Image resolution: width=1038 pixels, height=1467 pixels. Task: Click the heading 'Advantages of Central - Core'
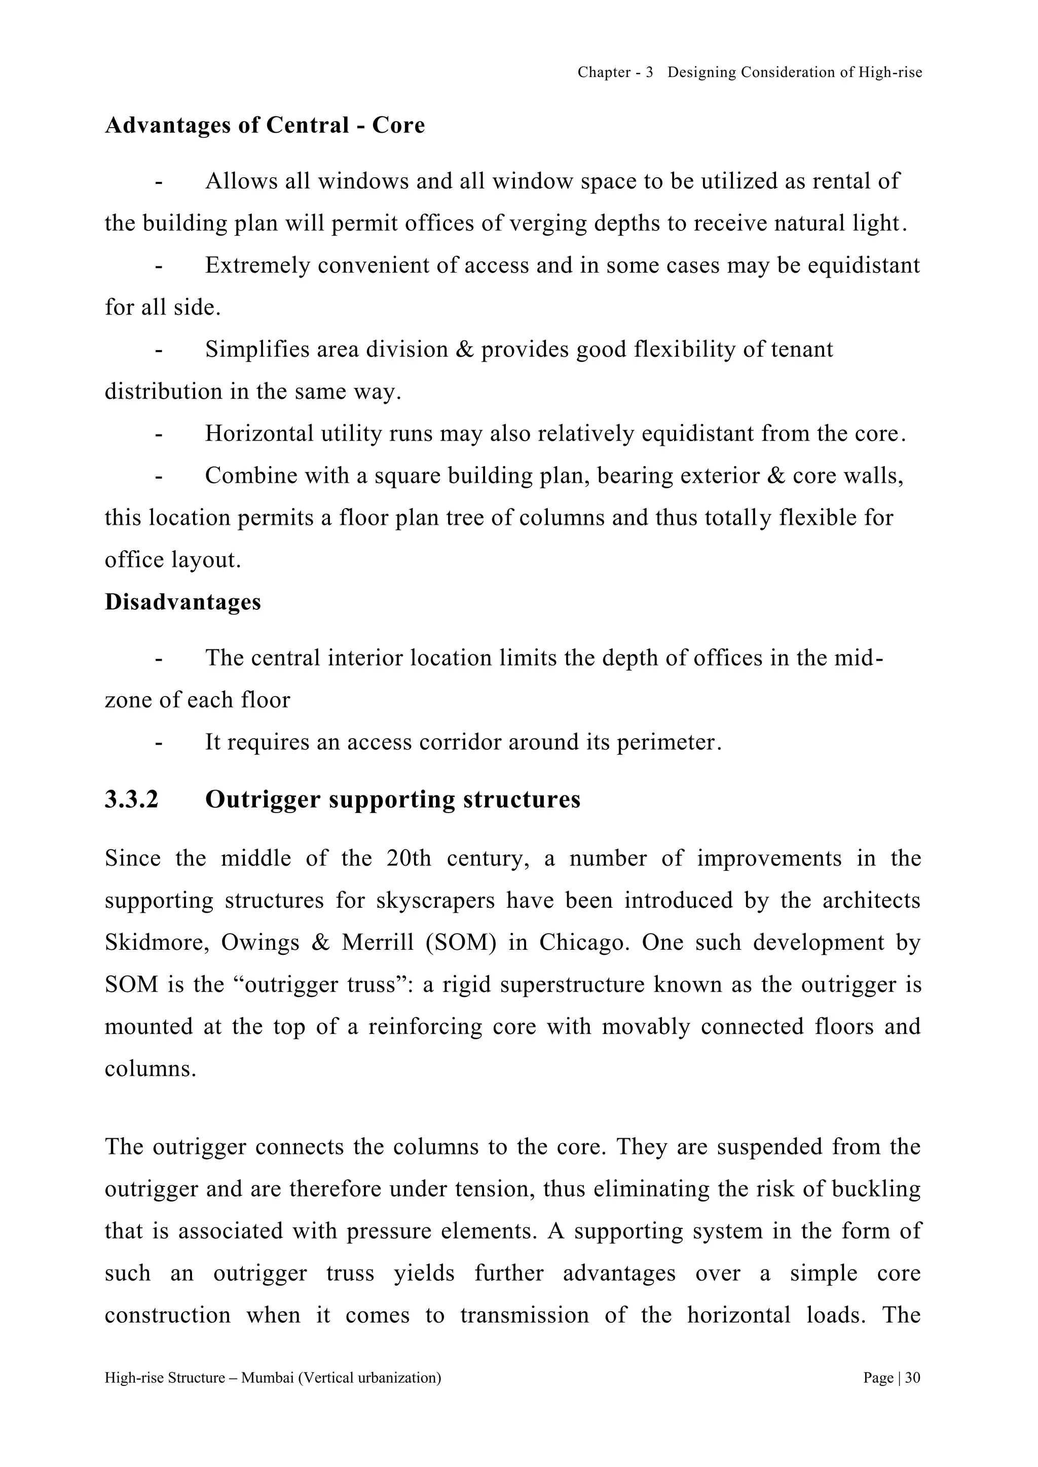pos(265,125)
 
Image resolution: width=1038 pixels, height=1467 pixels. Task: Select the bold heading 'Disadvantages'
pos(183,602)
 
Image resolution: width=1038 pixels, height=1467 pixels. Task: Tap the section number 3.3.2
pos(132,799)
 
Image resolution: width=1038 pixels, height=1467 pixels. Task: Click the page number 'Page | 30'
pos(891,1377)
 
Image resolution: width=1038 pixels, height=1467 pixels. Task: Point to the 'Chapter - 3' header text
pos(615,73)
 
